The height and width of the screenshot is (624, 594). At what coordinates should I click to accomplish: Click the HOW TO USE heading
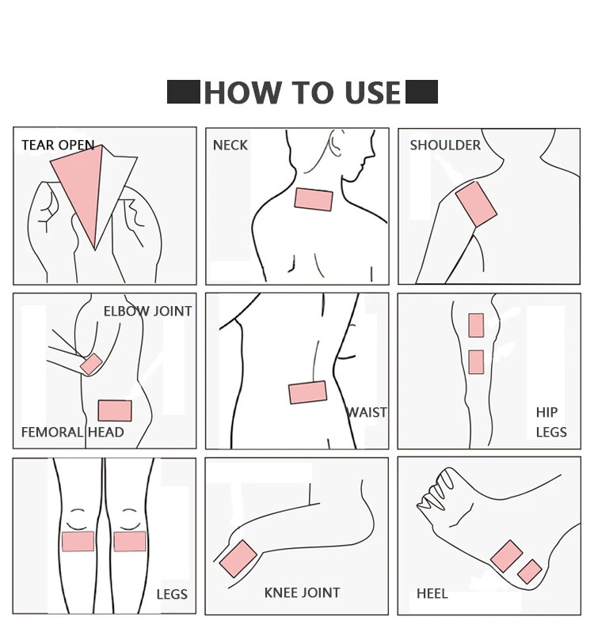coord(303,93)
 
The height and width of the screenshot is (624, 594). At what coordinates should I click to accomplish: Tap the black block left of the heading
coord(184,92)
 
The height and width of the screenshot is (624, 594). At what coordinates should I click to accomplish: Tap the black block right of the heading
coord(421,92)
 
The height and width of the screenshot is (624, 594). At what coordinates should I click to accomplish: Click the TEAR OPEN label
coord(58,146)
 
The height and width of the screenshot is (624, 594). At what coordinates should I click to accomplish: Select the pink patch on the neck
coord(314,199)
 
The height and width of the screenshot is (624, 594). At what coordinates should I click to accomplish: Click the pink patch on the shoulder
coord(476,204)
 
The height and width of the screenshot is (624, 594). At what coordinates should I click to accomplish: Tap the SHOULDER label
coord(445,146)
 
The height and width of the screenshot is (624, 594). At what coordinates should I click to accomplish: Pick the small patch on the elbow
coord(91,364)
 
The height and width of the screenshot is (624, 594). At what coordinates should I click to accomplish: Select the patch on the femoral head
coord(115,410)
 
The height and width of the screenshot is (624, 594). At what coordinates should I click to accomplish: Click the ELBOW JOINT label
coord(147,312)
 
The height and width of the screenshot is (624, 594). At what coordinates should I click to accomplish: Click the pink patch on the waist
coord(307,392)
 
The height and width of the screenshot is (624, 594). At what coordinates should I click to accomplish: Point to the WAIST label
coord(367,412)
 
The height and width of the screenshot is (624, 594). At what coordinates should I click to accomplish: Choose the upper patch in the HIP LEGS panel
coord(476,325)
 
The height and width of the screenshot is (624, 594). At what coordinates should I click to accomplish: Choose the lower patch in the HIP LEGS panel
coord(476,361)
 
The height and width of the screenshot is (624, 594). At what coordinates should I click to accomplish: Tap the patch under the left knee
coord(78,541)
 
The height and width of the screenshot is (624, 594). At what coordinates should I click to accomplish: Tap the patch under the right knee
coord(130,541)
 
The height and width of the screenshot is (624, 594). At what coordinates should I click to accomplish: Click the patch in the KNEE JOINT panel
coord(236,558)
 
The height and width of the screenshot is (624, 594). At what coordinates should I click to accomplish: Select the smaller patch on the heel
coord(529,571)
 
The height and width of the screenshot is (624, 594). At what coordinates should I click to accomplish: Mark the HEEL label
coord(432,593)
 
